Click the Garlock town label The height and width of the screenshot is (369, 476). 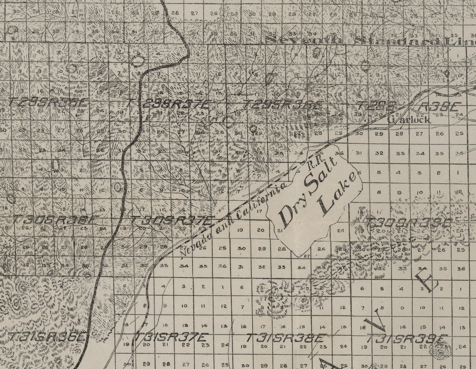point(409,120)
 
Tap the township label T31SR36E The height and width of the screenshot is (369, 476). point(47,337)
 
